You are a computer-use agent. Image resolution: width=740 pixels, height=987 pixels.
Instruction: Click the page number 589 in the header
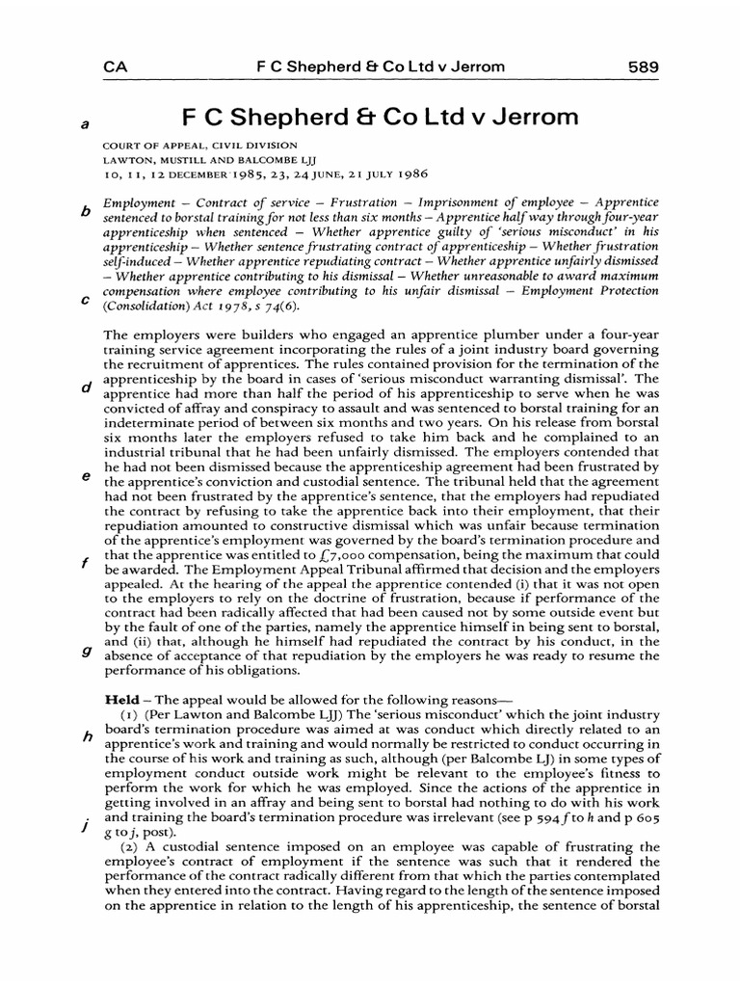(642, 67)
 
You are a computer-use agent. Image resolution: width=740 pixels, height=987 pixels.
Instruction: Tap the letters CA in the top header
(116, 67)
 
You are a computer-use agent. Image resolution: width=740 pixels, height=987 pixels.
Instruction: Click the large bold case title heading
(381, 119)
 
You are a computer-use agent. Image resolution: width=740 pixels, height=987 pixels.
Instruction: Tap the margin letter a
(85, 124)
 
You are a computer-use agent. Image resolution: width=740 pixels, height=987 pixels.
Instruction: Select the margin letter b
(85, 211)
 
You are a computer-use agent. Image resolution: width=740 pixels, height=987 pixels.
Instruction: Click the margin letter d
(85, 388)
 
